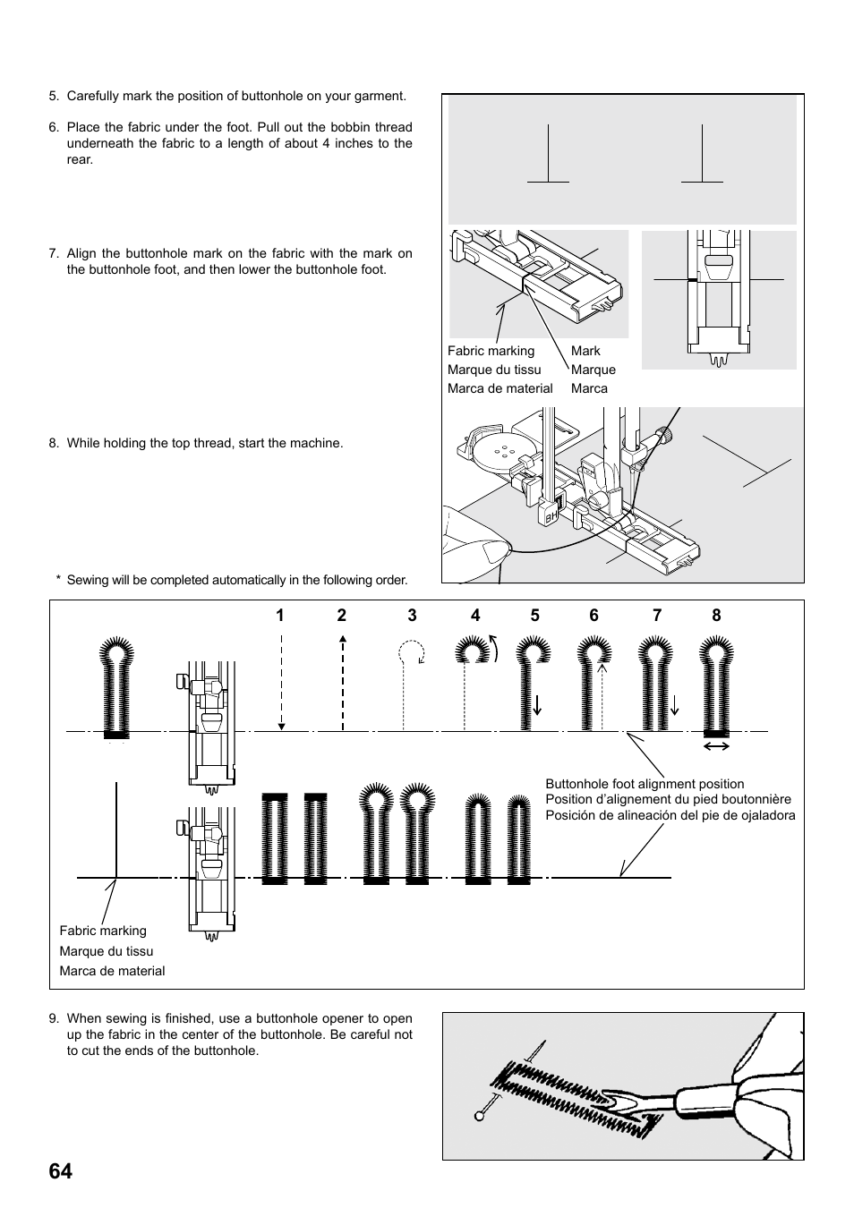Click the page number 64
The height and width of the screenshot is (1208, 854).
(x=61, y=1171)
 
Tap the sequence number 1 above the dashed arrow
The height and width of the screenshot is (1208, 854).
(x=280, y=615)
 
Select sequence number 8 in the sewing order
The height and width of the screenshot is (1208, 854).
(x=716, y=615)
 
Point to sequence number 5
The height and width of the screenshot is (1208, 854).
(x=534, y=615)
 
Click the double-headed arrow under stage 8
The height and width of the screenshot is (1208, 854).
(x=716, y=745)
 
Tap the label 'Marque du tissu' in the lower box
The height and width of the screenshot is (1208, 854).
(x=106, y=951)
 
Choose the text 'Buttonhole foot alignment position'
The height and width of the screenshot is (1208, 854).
(x=645, y=784)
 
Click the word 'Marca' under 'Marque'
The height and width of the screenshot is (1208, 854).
(x=589, y=388)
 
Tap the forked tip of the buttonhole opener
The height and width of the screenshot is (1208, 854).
(x=618, y=1102)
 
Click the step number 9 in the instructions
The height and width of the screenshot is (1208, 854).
(x=54, y=1018)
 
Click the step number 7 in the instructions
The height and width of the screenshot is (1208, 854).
(x=54, y=253)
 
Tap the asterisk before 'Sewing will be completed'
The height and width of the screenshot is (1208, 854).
(x=58, y=579)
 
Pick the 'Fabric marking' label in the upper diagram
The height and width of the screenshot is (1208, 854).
(x=491, y=351)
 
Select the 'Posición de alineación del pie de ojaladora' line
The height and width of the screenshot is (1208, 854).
(x=670, y=815)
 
